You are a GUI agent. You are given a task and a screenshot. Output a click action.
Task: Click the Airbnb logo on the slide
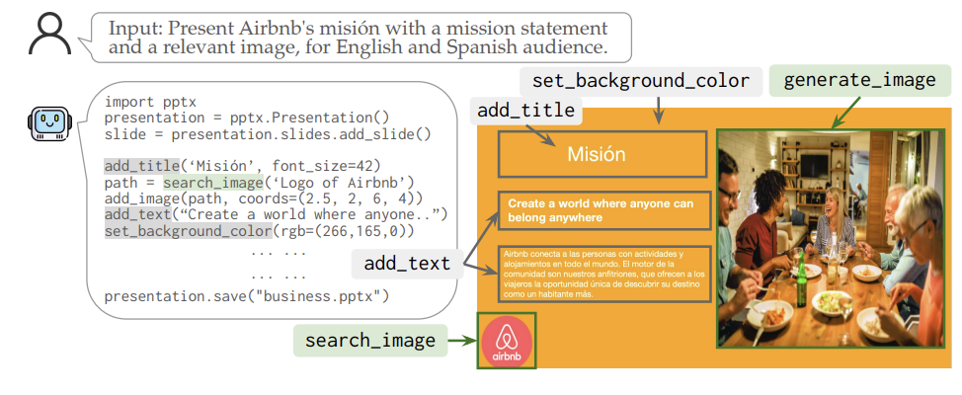pos(506,341)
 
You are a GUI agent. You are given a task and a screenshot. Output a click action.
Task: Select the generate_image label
pos(858,80)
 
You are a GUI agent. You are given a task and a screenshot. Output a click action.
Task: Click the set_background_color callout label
pos(641,80)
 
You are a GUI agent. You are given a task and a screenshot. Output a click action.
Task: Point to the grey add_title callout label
pos(525,110)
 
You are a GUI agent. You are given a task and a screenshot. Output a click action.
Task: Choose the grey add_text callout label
pos(407,264)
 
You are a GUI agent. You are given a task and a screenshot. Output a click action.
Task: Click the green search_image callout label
pos(369,342)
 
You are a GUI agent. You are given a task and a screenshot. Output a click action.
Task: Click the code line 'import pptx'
pos(150,101)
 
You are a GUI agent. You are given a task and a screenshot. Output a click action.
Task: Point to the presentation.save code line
pos(247,295)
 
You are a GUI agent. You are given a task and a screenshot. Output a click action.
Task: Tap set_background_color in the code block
pos(188,230)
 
